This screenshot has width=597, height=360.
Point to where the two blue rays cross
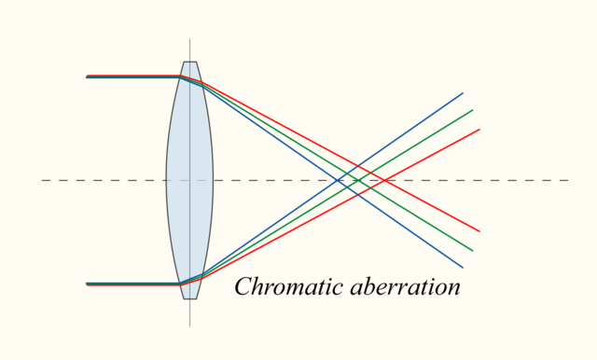[347, 180]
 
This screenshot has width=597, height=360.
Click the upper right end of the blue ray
[463, 92]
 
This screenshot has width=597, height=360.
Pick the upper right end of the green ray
[473, 110]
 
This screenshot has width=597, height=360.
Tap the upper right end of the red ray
[479, 130]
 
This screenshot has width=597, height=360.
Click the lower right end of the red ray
[479, 231]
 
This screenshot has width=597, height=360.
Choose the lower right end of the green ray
[473, 251]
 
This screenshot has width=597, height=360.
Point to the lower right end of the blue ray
[463, 269]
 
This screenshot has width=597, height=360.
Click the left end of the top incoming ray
[87, 76]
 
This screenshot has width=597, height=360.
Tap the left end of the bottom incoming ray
[87, 284]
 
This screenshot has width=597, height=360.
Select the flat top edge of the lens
[189, 62]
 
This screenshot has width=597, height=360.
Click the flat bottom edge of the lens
[189, 298]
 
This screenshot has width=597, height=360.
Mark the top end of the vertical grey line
[189, 39]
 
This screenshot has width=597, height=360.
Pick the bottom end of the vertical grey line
[189, 325]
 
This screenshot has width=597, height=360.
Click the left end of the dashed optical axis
[42, 180]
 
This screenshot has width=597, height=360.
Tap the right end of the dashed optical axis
[568, 180]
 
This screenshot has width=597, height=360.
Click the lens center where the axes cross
[189, 180]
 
